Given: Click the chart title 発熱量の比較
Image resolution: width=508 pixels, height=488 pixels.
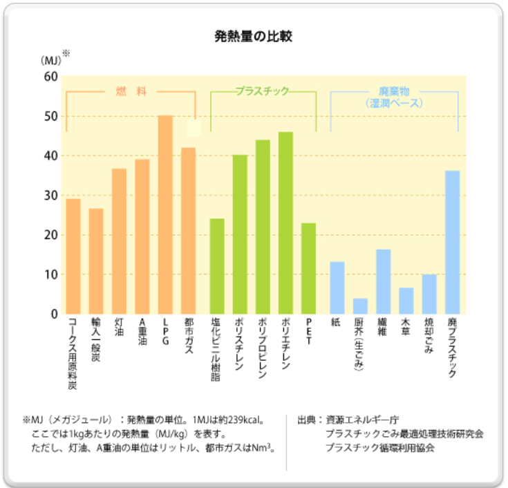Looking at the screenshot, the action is [x=254, y=36].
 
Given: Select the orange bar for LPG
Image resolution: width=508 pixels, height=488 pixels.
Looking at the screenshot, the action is [x=165, y=214].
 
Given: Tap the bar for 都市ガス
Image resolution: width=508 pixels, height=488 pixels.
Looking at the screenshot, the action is [x=188, y=231].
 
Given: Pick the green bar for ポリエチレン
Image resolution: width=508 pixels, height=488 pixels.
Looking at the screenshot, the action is [x=285, y=223].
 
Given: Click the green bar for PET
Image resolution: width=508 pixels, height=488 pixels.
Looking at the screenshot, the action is [x=308, y=268].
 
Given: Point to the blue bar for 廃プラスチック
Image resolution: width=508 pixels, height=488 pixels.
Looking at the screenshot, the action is [x=452, y=243].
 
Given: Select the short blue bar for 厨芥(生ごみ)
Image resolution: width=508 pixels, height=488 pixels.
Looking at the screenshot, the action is [x=360, y=306].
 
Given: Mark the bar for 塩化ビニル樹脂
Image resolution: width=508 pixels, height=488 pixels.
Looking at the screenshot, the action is [x=217, y=266].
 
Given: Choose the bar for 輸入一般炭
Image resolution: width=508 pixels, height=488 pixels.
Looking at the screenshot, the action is [x=96, y=261].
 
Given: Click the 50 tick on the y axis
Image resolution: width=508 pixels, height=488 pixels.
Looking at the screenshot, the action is [x=51, y=116].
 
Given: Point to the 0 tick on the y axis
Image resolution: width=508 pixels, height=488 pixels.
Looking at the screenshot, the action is [x=55, y=314].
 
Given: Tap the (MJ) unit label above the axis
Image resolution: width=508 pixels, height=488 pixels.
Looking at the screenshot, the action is [x=51, y=61].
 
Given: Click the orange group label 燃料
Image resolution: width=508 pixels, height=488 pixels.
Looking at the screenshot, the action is [x=131, y=91].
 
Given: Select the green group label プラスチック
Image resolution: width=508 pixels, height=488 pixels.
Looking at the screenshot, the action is [x=262, y=91].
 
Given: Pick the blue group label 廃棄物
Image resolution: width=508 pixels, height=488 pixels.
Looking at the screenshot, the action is [x=394, y=91].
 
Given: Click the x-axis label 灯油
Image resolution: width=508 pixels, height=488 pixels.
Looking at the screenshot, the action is [x=119, y=327].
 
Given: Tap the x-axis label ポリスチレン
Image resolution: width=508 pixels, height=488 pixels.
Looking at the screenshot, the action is [x=239, y=344].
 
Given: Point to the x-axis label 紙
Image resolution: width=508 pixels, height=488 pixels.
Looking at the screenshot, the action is [x=336, y=322].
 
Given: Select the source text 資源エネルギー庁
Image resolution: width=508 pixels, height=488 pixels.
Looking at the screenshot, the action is [x=362, y=420].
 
